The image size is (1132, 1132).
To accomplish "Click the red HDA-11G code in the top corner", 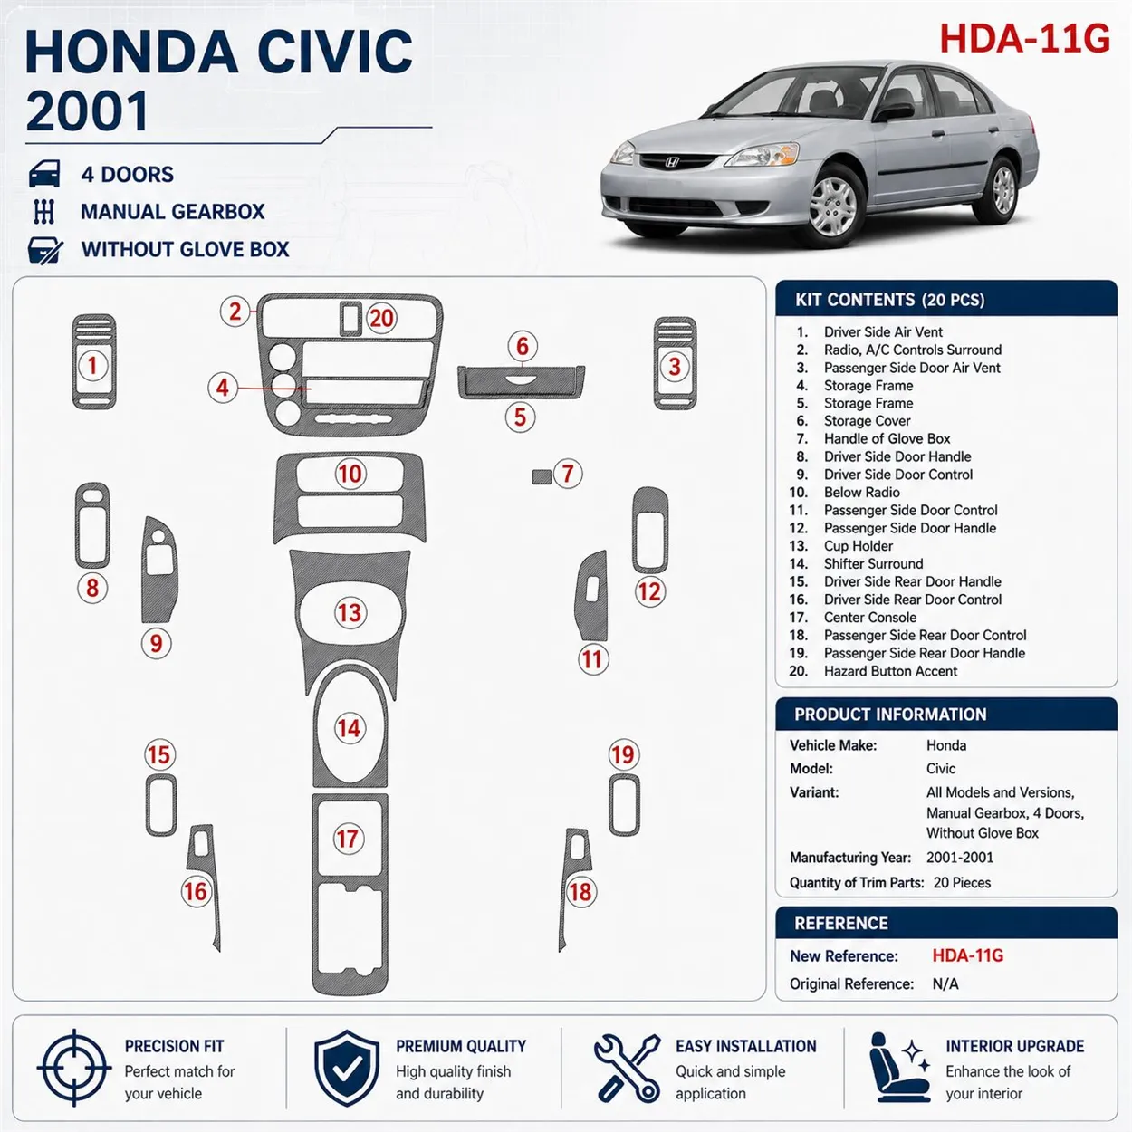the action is tap(1024, 39).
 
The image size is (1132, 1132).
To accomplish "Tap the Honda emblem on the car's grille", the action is tap(672, 162).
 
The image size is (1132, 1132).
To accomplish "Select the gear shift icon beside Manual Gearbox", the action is tap(44, 212).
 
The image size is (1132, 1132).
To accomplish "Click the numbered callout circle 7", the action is tap(568, 474).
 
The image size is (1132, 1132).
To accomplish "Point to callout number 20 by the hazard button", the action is tap(382, 319).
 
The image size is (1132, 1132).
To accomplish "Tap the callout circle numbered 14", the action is tap(349, 728).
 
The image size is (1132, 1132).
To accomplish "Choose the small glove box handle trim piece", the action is tap(542, 476).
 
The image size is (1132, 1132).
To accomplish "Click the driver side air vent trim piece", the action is tap(94, 362).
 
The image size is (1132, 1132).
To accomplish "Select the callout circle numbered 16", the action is tap(196, 891).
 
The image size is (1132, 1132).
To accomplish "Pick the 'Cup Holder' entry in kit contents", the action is tap(858, 546).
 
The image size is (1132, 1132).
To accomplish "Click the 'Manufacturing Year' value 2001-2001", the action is tap(960, 857).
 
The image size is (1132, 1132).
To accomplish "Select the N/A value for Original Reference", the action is tap(945, 984).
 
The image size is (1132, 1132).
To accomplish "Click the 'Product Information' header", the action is tap(890, 715).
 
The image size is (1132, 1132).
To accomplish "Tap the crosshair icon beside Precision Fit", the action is tap(74, 1068).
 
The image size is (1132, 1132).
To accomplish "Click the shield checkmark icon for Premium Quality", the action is tap(347, 1068).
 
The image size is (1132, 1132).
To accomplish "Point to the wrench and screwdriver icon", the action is tap(627, 1068).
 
